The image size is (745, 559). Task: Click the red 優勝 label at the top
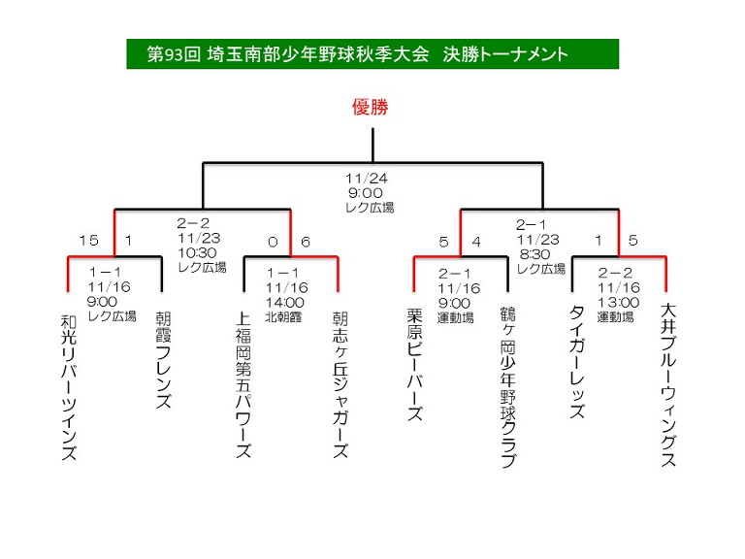point(371,108)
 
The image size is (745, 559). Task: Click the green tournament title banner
point(372,54)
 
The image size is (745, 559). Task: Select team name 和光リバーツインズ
point(68,385)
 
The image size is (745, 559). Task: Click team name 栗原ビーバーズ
point(414,364)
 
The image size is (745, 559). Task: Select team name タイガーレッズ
point(575,360)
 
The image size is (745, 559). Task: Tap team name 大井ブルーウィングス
point(668,385)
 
